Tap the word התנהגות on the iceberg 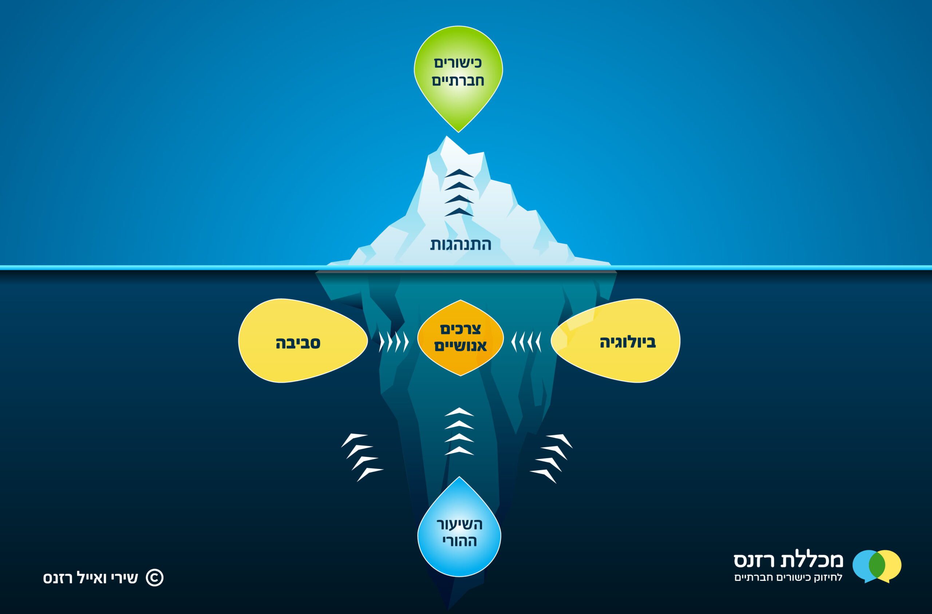tap(461, 245)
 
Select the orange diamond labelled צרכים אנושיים tap(461, 338)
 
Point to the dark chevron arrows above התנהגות tap(459, 193)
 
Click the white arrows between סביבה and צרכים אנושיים tap(394, 342)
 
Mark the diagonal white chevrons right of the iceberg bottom tap(551, 458)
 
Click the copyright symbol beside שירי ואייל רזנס tap(155, 578)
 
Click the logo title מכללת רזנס tap(788, 560)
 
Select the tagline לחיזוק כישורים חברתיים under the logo tap(788, 578)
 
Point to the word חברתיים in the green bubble tap(458, 81)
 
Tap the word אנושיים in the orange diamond tap(461, 346)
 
